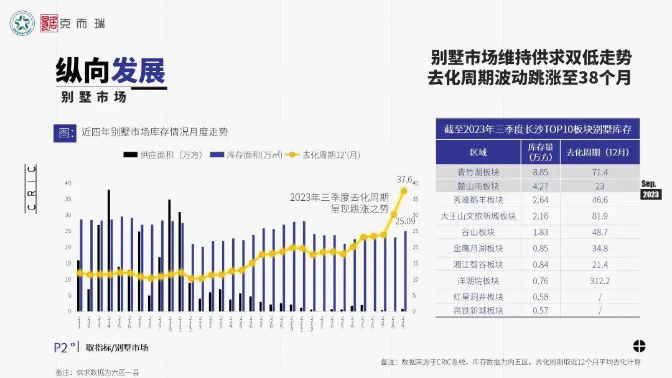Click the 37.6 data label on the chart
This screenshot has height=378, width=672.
point(405,179)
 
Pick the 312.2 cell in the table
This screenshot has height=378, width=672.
point(600,281)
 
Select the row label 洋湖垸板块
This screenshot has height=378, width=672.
point(478,281)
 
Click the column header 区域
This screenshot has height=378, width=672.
point(478,152)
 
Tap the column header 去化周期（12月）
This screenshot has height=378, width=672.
point(600,152)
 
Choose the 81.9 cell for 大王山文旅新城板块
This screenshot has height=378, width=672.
point(600,216)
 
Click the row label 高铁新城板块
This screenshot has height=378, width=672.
point(478,311)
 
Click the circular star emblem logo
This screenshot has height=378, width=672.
point(22,24)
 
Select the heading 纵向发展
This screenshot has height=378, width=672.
point(111,72)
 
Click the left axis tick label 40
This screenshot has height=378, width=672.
point(68,183)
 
